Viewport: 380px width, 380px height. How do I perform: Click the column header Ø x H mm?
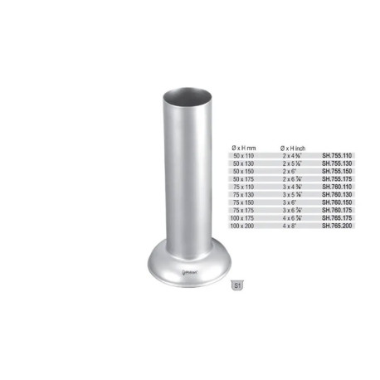click(x=246, y=146)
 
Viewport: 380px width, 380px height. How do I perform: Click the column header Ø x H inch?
click(x=296, y=146)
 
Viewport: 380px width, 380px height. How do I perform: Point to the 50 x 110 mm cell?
click(x=245, y=155)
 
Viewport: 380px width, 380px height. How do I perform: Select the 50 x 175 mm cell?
click(x=245, y=178)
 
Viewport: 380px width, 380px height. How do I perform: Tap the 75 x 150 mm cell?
click(x=245, y=202)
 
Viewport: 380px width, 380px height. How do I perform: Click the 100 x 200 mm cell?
click(x=246, y=226)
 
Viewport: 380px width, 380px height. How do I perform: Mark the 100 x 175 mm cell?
click(x=246, y=217)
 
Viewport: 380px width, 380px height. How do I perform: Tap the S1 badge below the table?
click(x=237, y=285)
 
